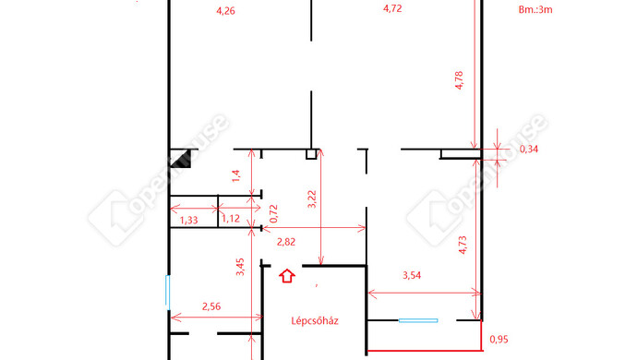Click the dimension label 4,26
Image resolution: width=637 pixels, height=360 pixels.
pyautogui.click(x=225, y=10)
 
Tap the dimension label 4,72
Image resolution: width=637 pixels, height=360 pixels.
pyautogui.click(x=392, y=8)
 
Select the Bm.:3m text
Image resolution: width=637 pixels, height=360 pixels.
pyautogui.click(x=535, y=10)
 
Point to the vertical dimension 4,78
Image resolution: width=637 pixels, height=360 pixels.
pyautogui.click(x=459, y=80)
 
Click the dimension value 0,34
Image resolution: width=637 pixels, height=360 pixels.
pyautogui.click(x=529, y=150)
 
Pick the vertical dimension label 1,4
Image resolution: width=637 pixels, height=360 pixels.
pyautogui.click(x=236, y=175)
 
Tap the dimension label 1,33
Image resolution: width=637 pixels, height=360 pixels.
pyautogui.click(x=189, y=221)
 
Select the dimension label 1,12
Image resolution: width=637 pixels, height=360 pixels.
pyautogui.click(x=231, y=219)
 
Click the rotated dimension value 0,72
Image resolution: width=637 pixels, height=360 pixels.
pyautogui.click(x=273, y=213)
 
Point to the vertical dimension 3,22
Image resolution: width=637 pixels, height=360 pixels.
pyautogui.click(x=312, y=199)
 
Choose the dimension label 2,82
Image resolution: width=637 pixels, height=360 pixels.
pyautogui.click(x=286, y=242)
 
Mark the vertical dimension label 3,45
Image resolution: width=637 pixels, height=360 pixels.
pyautogui.click(x=240, y=267)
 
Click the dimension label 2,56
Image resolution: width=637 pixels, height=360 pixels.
pyautogui.click(x=211, y=306)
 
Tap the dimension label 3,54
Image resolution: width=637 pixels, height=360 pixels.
pyautogui.click(x=412, y=275)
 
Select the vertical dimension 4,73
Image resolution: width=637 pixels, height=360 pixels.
pyautogui.click(x=463, y=245)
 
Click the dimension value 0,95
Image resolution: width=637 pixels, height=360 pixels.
pyautogui.click(x=499, y=340)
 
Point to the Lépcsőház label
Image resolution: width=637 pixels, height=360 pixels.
pyautogui.click(x=315, y=321)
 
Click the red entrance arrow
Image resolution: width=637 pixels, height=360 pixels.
pyautogui.click(x=287, y=276)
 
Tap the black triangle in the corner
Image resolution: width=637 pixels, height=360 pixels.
pyautogui.click(x=181, y=159)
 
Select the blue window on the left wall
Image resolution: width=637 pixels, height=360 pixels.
pyautogui.click(x=167, y=293)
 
